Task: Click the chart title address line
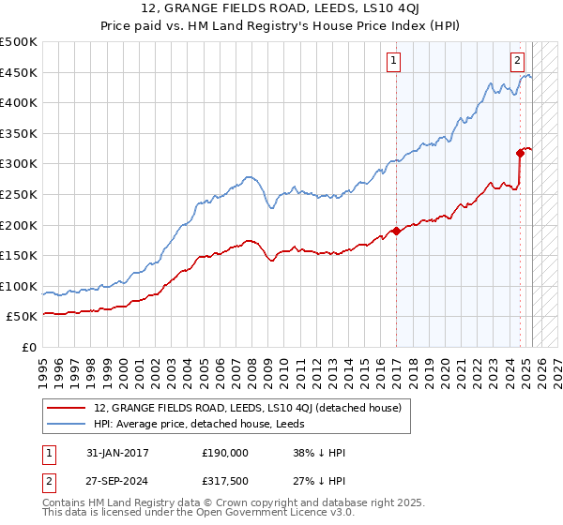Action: pos(281,9)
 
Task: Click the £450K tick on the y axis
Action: pos(19,72)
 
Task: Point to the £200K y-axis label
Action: pos(19,225)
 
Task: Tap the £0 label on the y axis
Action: pos(28,347)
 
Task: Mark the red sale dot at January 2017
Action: pos(396,231)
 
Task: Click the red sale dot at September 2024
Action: pos(519,153)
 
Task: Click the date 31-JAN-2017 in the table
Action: pos(112,452)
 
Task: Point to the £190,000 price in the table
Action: pos(224,452)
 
